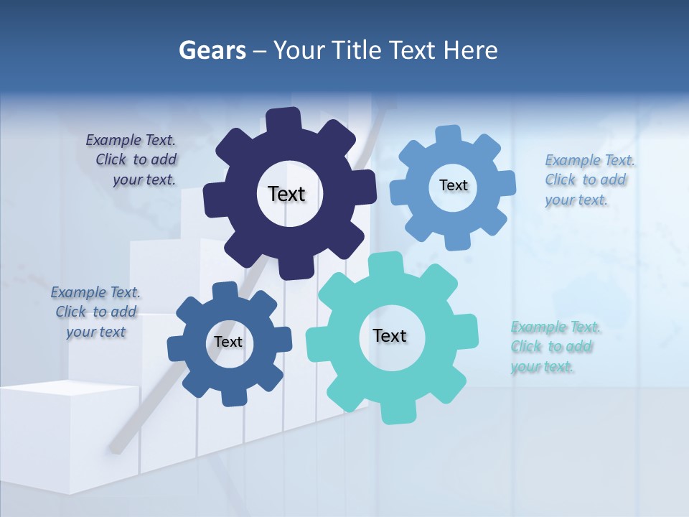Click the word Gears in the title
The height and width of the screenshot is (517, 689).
pos(212,50)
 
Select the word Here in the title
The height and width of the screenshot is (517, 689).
pos(471,50)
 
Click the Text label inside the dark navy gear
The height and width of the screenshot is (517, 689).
pos(286,194)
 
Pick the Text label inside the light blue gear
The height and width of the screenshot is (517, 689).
pos(453,185)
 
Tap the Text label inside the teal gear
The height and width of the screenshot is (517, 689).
pos(390,335)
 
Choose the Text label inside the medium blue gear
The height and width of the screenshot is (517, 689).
pos(228,342)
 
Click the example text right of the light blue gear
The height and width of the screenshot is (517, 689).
pos(589,180)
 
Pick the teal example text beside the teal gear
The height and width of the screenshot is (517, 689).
pos(556,347)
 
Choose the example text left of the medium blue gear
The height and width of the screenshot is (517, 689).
pos(95,312)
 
